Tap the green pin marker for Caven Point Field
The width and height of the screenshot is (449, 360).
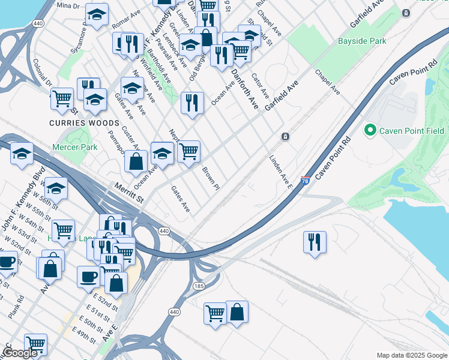[370, 130]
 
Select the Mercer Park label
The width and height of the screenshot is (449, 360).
[75, 147]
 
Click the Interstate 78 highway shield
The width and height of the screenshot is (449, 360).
[306, 180]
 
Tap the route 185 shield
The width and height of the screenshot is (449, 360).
[199, 286]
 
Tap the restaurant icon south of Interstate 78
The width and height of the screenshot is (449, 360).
[315, 242]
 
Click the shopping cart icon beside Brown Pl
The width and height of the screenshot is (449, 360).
[188, 151]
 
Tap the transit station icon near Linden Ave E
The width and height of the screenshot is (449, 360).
[285, 137]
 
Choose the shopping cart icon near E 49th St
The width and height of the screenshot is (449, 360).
[36, 344]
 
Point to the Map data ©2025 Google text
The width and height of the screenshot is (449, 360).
[411, 355]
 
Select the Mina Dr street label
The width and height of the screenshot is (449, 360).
[68, 6]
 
